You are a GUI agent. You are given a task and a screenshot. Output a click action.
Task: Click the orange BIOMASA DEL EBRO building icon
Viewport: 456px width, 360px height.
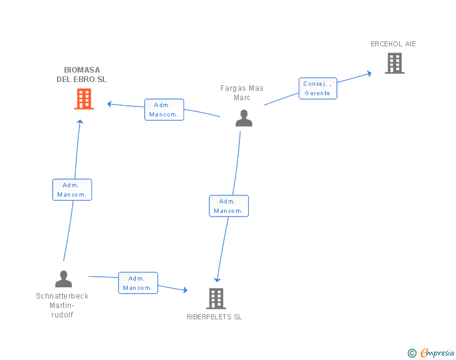(x=84, y=99)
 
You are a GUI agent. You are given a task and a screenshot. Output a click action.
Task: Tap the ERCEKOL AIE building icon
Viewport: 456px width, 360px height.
(x=394, y=63)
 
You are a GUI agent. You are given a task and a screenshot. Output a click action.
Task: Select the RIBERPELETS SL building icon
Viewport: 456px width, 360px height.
(x=215, y=299)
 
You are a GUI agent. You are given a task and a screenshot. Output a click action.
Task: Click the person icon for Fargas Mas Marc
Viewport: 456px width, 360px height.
(x=244, y=118)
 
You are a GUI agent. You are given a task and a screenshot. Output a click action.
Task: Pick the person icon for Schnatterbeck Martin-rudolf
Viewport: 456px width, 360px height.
(x=63, y=279)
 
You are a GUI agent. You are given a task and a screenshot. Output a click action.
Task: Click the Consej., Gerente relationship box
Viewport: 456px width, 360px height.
(x=318, y=88)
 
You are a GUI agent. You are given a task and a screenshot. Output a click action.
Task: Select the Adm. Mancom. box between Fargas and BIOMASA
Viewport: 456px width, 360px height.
(x=163, y=110)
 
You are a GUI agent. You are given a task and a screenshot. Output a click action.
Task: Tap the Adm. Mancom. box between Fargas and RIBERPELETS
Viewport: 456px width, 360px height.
(x=229, y=206)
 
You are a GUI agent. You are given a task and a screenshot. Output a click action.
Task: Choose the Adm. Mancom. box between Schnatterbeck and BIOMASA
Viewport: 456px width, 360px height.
(x=72, y=190)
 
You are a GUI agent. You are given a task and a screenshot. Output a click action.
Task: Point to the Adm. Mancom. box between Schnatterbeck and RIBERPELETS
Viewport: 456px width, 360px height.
(x=138, y=283)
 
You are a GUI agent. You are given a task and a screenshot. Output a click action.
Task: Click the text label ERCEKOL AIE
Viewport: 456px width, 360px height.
(x=393, y=44)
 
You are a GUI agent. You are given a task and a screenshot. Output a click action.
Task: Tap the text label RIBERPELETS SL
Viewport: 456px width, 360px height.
(x=214, y=317)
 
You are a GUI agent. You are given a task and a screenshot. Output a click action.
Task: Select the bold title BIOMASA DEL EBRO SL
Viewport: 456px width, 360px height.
(x=81, y=75)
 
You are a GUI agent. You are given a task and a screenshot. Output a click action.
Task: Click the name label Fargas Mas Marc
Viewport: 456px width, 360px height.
(x=242, y=93)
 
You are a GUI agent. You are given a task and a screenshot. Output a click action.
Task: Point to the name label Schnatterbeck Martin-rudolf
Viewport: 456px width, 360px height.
(x=62, y=305)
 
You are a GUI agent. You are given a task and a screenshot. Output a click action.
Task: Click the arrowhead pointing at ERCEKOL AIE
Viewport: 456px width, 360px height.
(x=369, y=73)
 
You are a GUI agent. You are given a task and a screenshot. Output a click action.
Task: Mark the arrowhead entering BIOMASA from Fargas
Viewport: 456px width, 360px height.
(x=110, y=103)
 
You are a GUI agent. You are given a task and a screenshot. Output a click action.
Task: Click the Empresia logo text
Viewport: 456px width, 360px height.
(x=437, y=353)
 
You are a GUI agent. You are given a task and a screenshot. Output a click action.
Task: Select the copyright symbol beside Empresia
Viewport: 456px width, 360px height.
(x=412, y=353)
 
